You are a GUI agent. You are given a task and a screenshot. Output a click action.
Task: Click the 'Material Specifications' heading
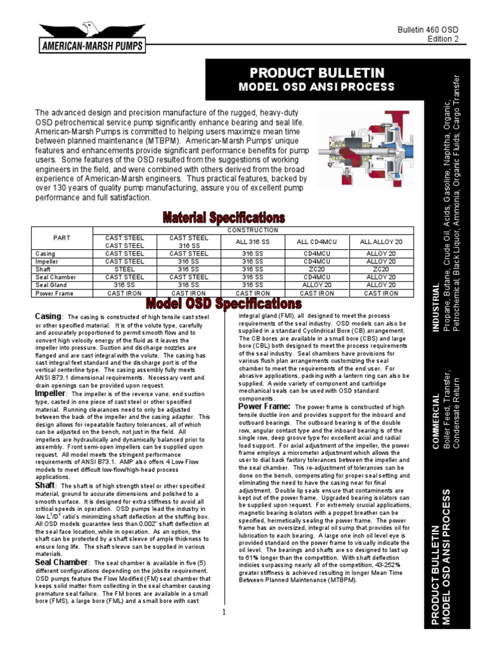224,218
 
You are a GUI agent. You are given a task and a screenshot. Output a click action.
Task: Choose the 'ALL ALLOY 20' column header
381,242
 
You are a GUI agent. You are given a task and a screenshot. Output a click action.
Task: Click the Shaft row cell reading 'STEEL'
124,269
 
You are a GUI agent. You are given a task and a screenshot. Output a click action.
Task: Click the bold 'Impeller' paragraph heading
51,394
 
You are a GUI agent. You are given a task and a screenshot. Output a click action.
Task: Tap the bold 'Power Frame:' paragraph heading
264,407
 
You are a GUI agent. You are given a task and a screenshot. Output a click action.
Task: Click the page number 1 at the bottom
224,612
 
